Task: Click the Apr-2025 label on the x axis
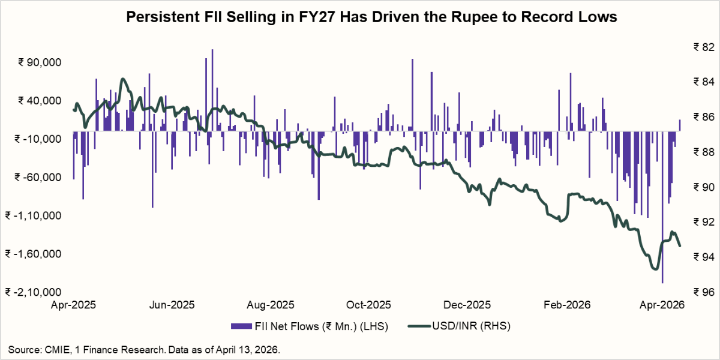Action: click(74, 305)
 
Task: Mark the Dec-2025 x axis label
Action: click(467, 305)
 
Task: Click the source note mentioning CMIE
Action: click(144, 349)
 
